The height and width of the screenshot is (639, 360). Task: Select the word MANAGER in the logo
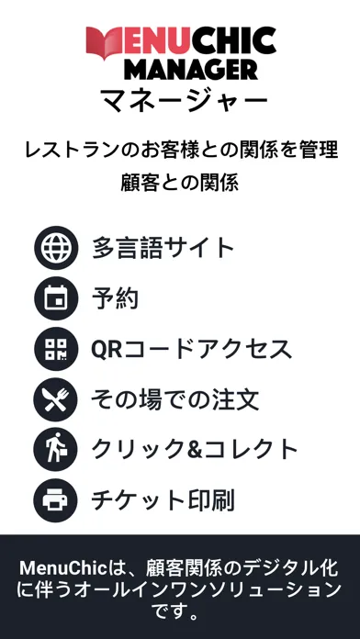tap(191, 70)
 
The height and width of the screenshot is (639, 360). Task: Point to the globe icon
tap(56, 248)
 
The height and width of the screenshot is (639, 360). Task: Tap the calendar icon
tap(56, 298)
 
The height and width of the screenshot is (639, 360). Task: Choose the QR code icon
tap(56, 349)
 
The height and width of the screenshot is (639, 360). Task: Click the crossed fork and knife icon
tap(56, 399)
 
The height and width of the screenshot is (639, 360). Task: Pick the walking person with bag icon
tap(56, 450)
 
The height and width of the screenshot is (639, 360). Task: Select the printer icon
tap(56, 500)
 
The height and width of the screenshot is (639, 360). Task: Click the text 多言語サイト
tap(163, 248)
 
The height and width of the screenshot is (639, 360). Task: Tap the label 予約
tap(115, 298)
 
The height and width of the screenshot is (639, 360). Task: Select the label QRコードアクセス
tap(192, 349)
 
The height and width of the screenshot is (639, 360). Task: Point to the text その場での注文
tap(174, 399)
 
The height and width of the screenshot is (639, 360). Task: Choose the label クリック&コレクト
tap(195, 450)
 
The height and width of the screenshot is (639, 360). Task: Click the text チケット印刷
tap(163, 501)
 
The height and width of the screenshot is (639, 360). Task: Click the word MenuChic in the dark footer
tap(62, 568)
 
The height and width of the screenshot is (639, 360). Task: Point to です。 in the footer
tap(180, 611)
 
